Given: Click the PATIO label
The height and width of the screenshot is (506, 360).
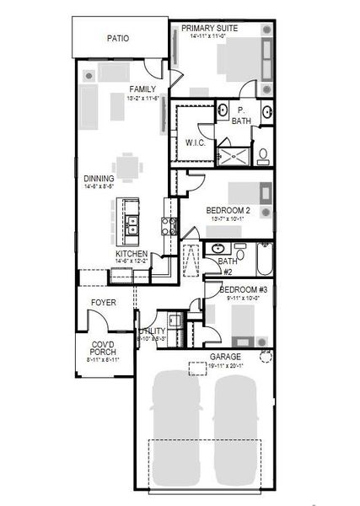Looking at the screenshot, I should pos(116,38).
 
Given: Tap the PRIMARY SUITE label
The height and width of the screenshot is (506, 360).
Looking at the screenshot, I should pos(209,28).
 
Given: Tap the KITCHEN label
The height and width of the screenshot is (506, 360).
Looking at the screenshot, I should pos(132,254).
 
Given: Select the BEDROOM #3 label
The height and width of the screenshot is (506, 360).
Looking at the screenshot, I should pos(239,290).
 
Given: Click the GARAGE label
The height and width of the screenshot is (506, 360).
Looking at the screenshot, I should pos(226,357).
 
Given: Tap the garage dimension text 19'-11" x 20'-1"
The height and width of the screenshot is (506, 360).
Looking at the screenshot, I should pos(226,365).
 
